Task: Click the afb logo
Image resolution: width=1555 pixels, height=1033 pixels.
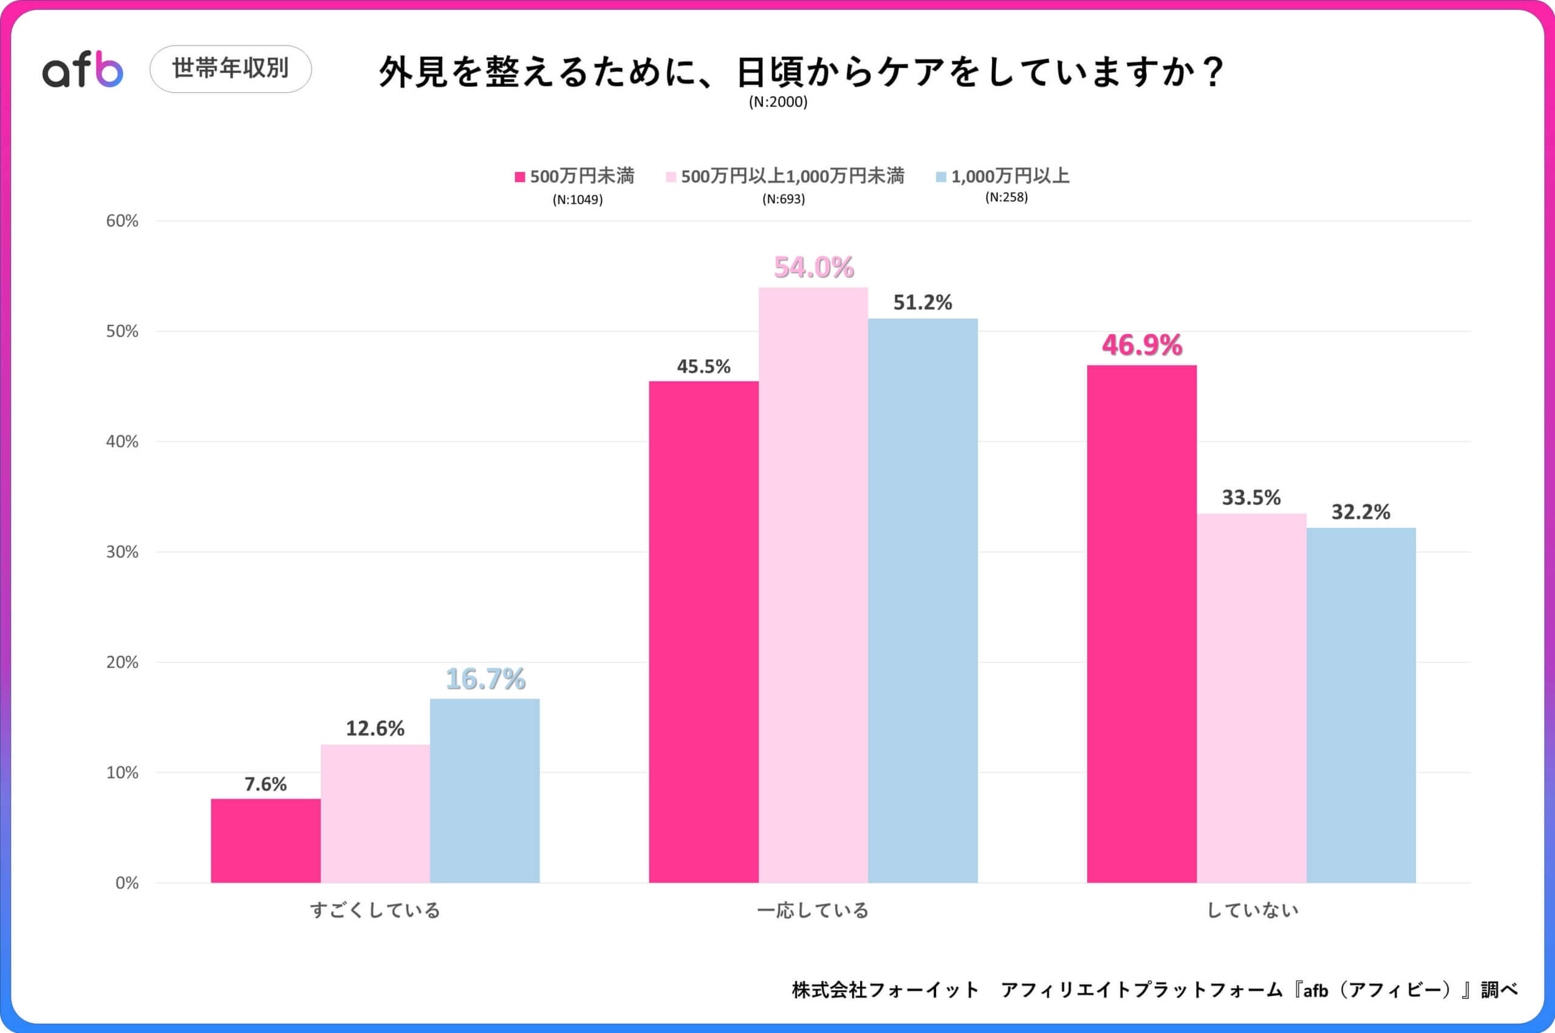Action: point(83,70)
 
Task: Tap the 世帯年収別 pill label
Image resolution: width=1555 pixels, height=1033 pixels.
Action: point(231,69)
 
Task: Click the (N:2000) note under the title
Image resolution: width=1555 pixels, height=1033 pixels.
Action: point(777,102)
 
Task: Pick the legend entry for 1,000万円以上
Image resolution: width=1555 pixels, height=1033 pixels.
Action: point(1002,177)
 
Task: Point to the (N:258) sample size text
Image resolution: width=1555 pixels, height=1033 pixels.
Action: point(1006,197)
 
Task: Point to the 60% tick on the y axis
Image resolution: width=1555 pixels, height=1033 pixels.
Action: point(123,221)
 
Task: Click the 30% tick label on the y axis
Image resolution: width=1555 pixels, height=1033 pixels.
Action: point(123,552)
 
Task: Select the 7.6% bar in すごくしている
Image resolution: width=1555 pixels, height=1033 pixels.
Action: point(265,840)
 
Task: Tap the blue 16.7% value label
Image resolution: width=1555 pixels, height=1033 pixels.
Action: point(485,679)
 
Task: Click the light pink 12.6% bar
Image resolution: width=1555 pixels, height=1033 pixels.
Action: point(375,814)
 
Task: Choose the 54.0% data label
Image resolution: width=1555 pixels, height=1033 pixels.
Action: point(814,267)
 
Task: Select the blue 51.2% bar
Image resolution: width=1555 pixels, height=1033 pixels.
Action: point(923,599)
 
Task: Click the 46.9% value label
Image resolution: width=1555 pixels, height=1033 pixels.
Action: point(1142,345)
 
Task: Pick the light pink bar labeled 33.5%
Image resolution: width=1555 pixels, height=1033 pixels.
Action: point(1251,698)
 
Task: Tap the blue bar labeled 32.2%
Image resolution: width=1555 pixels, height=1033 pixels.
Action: point(1361,705)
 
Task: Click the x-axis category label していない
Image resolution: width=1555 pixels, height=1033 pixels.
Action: point(1252,910)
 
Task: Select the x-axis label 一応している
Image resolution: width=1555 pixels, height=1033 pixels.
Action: point(813,910)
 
